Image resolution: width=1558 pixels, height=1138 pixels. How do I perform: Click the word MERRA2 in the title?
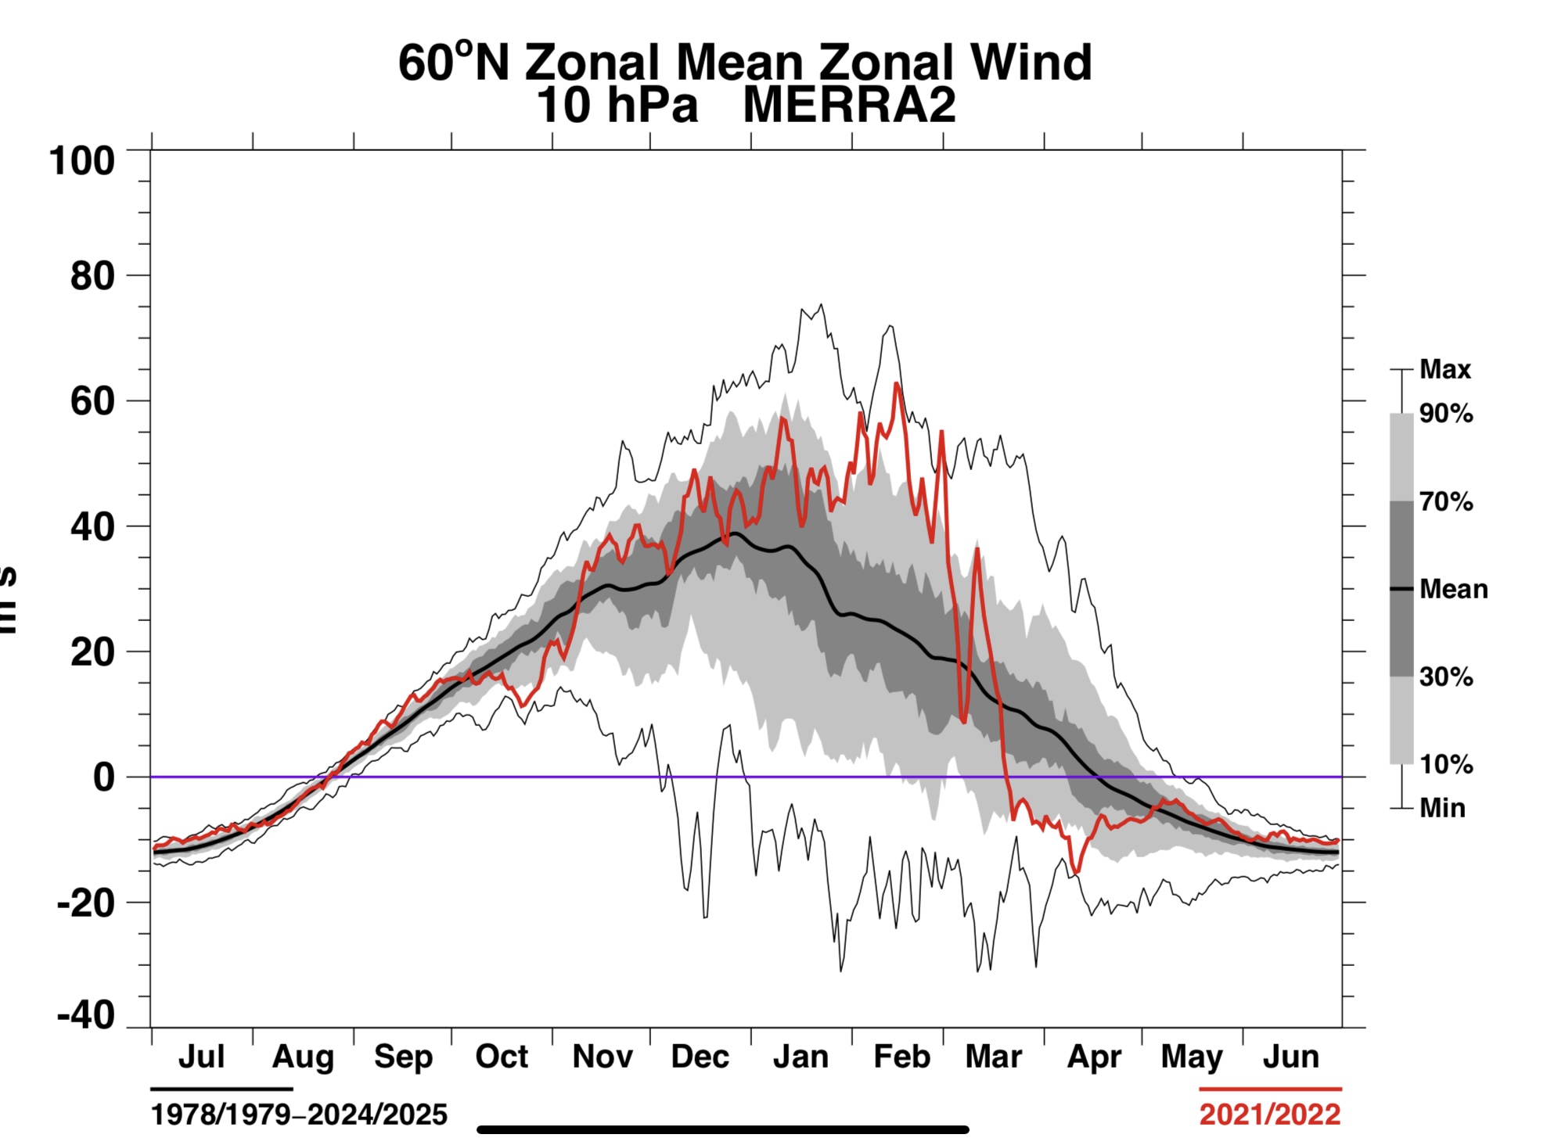(x=849, y=106)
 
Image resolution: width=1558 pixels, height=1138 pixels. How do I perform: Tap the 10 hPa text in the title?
(x=617, y=106)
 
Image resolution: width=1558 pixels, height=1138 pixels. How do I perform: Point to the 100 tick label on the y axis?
(x=82, y=161)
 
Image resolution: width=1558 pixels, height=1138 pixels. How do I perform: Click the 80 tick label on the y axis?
(x=92, y=276)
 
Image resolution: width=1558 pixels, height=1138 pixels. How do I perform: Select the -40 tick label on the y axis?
(x=86, y=1016)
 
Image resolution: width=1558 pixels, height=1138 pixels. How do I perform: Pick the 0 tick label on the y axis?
(x=104, y=777)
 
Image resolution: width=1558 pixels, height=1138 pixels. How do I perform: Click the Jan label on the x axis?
(x=801, y=1057)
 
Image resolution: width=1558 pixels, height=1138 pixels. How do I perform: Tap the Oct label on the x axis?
(x=502, y=1057)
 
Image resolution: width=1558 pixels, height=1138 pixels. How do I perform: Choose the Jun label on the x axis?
(x=1290, y=1057)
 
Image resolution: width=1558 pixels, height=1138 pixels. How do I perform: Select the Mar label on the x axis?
(x=993, y=1057)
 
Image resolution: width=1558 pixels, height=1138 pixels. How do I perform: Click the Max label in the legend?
(x=1445, y=369)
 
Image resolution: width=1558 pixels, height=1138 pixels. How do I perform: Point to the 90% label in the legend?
(x=1446, y=413)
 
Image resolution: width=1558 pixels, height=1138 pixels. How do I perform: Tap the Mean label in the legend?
(x=1453, y=589)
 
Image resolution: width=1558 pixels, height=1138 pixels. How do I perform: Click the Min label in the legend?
(x=1443, y=808)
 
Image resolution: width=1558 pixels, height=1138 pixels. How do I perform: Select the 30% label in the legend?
(x=1446, y=677)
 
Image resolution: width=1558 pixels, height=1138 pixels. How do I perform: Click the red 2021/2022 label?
(x=1270, y=1114)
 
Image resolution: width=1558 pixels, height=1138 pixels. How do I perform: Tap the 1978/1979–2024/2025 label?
(x=299, y=1114)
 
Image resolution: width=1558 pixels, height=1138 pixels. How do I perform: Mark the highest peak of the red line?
(x=897, y=383)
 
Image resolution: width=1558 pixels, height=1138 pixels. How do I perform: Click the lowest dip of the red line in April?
(x=1077, y=872)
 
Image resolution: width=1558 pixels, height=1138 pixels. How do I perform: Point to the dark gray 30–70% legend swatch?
(x=1401, y=588)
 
